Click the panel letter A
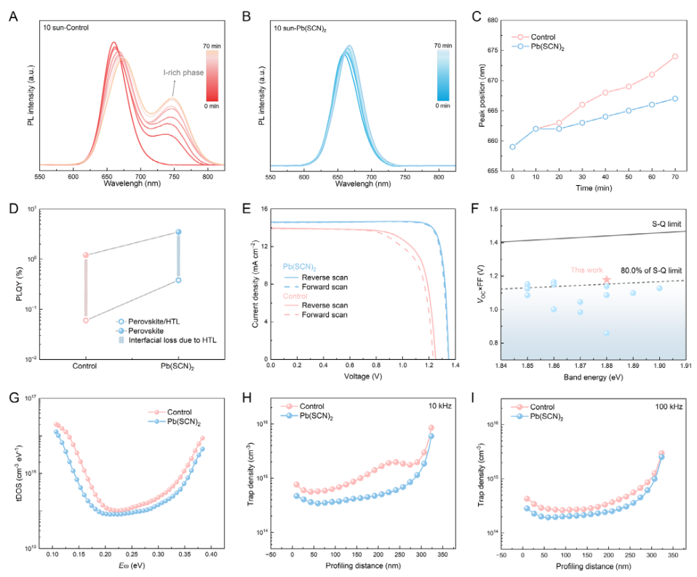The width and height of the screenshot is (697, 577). click(12, 14)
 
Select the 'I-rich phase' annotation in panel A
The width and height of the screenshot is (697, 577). click(183, 73)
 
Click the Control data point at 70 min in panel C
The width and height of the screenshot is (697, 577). click(674, 56)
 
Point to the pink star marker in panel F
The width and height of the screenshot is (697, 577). click(606, 280)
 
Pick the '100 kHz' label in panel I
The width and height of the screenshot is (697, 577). click(667, 407)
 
